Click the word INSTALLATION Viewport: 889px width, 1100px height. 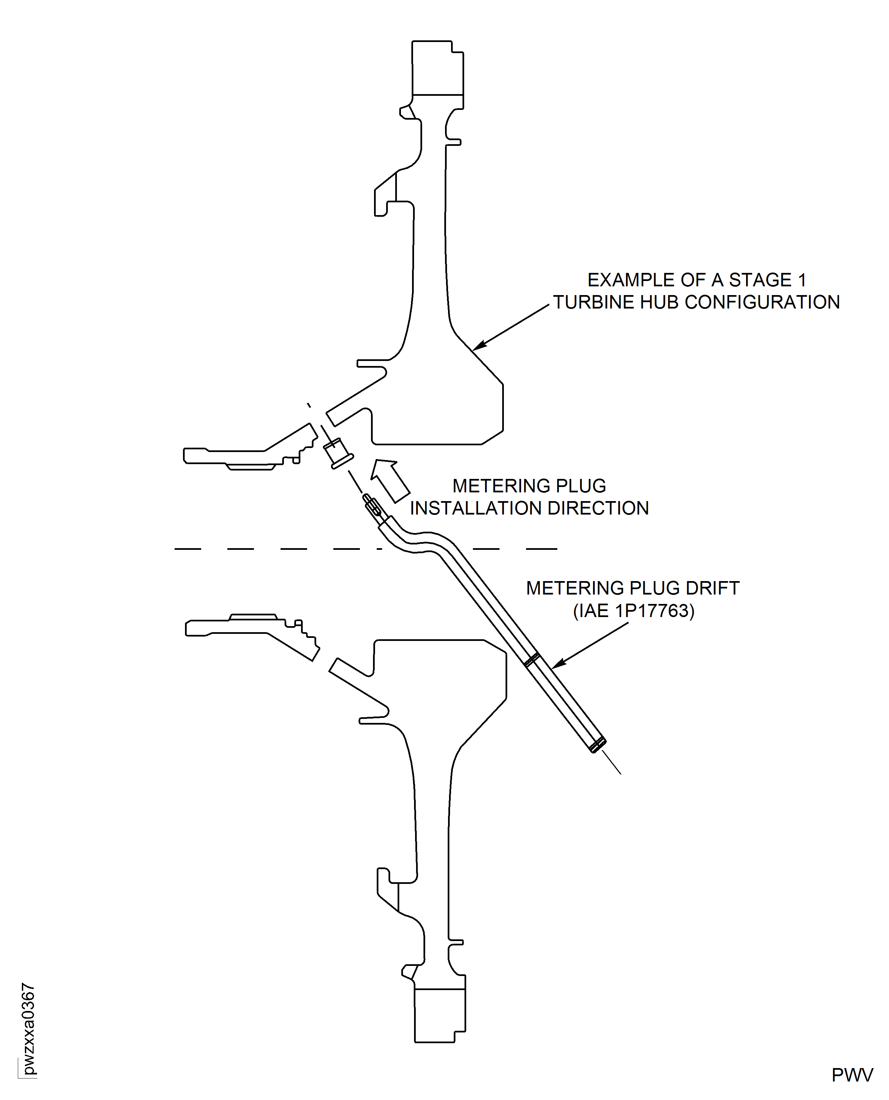[476, 508]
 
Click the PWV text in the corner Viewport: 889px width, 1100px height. [852, 1075]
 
